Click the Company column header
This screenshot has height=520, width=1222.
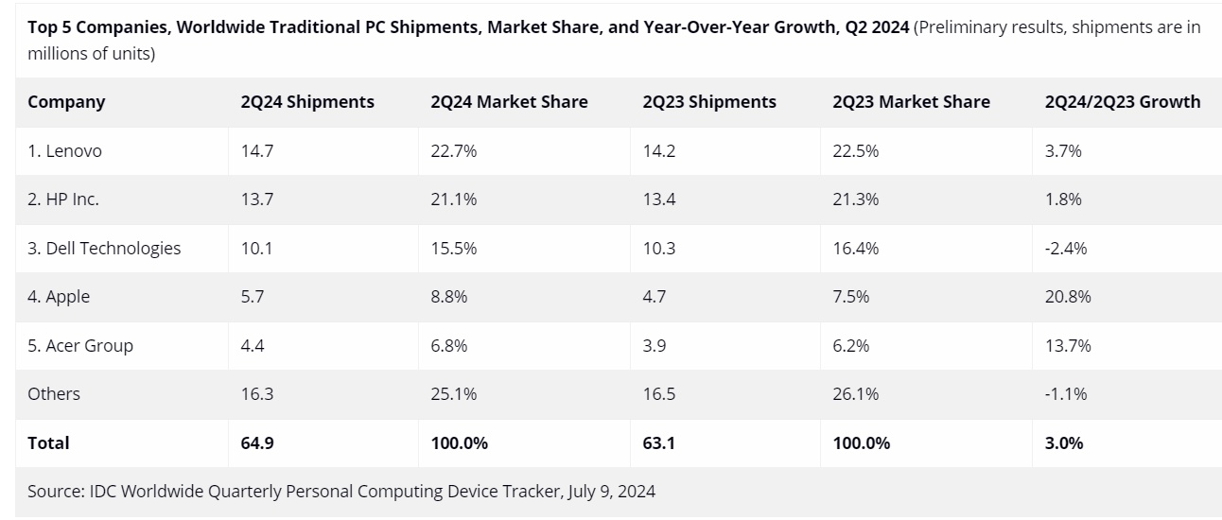[66, 102]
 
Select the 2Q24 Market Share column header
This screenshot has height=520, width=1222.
[509, 102]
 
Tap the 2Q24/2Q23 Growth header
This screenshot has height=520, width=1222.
[1122, 102]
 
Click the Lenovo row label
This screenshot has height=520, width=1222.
[64, 151]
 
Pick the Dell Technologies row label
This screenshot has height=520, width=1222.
[104, 249]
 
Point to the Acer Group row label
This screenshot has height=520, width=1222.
[80, 346]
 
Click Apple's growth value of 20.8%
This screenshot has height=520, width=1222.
[1068, 297]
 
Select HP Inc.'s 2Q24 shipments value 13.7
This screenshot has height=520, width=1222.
[257, 199]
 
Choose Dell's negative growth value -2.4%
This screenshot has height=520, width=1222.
[1066, 249]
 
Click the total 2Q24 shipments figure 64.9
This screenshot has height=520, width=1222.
[257, 443]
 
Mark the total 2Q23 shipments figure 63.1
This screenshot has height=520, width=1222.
[659, 443]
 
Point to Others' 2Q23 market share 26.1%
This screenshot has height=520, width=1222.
[856, 394]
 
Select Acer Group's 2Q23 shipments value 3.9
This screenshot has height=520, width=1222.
[655, 346]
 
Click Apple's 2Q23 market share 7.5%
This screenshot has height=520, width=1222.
[851, 297]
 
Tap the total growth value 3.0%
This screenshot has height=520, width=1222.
[1064, 443]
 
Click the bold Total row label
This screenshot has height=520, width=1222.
[48, 443]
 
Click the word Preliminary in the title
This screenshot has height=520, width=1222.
[963, 27]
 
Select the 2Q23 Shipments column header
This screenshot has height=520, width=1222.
[709, 102]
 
